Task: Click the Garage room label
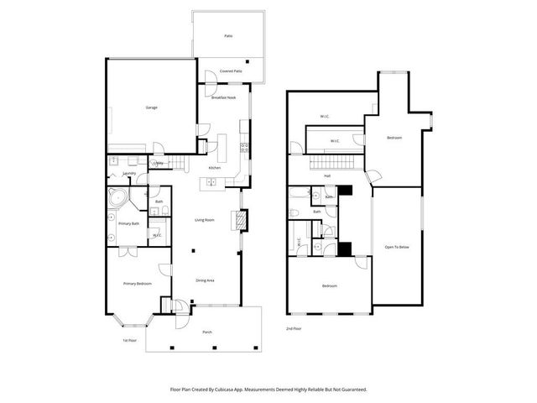(152, 107)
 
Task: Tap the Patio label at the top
(227, 37)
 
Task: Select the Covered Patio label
(231, 71)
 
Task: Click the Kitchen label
(214, 169)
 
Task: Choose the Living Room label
(206, 220)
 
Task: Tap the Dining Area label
(206, 280)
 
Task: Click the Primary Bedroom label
(137, 284)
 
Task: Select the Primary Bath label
(128, 223)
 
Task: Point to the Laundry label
(129, 173)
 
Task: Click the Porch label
(207, 332)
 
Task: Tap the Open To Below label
(397, 247)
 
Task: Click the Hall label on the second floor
(326, 176)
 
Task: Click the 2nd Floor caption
(294, 328)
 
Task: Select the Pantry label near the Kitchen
(159, 163)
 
